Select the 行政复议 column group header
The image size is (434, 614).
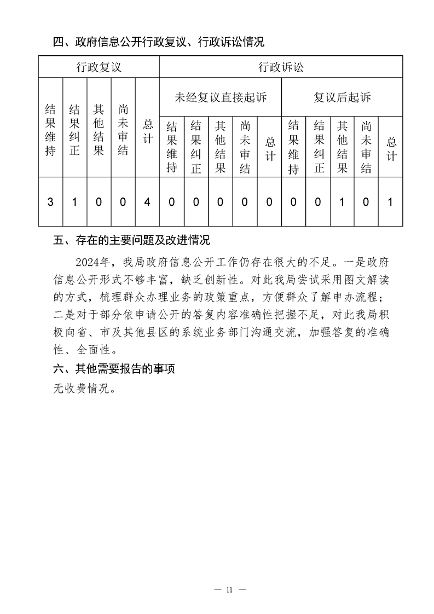tap(99, 67)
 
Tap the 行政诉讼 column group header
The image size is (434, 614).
tap(281, 67)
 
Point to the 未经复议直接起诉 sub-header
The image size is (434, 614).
tap(220, 97)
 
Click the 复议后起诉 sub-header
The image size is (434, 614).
tap(342, 97)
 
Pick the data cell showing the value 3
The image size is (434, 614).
tap(50, 202)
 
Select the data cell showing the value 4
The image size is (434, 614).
tap(147, 202)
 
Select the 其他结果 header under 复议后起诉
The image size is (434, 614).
tap(342, 146)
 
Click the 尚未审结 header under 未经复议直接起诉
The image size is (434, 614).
tap(245, 146)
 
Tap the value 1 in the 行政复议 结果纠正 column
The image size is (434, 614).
tap(75, 202)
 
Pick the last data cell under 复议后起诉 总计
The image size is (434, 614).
tap(390, 202)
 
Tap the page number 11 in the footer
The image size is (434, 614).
tap(229, 589)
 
